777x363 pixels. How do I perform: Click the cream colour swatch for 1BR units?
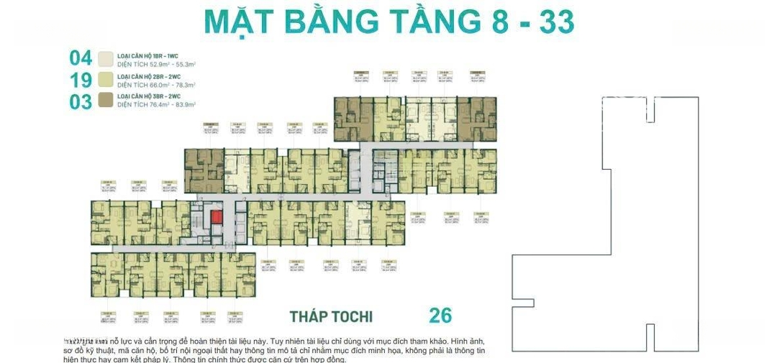(x=106, y=58)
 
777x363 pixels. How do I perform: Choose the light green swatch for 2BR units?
(x=106, y=79)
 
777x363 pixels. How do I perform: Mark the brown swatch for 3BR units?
(x=106, y=100)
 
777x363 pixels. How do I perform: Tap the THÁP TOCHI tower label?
(x=331, y=316)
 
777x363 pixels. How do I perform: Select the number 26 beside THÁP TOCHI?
(x=440, y=315)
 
